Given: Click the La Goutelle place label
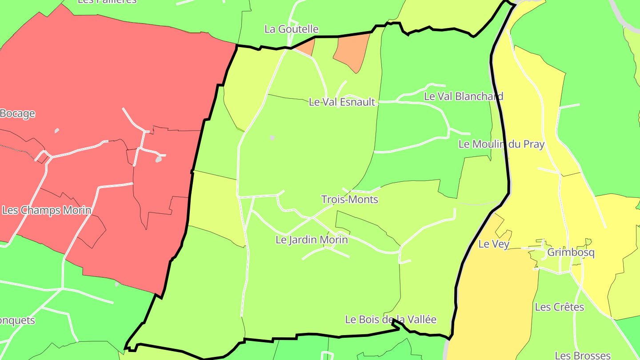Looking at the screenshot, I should [291, 29].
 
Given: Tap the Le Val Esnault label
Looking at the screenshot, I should [342, 102].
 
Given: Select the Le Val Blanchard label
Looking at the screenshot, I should [464, 96].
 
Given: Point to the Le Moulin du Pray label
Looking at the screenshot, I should [501, 144].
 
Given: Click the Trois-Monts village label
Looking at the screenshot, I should [349, 200].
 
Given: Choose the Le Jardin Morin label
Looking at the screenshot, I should [312, 240].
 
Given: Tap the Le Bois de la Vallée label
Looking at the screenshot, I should [391, 320].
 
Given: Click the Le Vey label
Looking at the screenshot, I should [493, 244].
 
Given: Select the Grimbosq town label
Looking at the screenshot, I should [571, 252].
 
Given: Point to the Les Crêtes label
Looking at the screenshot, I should [559, 307].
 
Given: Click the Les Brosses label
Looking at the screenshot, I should [582, 356].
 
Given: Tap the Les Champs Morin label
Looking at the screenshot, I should [47, 210].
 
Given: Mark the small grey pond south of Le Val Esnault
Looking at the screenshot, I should [272, 138].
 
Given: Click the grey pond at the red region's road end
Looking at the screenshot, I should [159, 159].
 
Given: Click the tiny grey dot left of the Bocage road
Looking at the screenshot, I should [56, 131].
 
